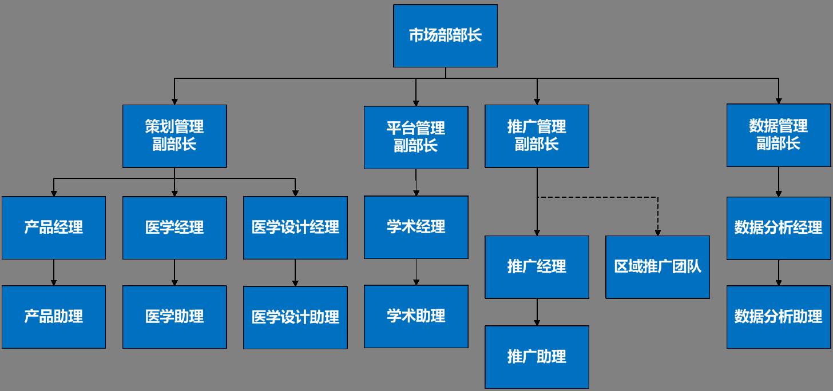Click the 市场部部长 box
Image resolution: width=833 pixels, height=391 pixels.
(445, 35)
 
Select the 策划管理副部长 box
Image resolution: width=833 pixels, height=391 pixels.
(174, 135)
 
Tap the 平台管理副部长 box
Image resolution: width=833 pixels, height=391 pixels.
(416, 137)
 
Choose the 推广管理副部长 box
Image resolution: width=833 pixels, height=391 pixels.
(537, 135)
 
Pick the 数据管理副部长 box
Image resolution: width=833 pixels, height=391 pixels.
(778, 135)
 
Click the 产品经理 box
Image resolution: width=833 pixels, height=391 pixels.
(54, 228)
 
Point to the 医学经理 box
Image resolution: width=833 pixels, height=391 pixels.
(174, 228)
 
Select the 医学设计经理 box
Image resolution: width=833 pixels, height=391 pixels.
(295, 228)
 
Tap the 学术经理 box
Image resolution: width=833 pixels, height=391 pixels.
(416, 227)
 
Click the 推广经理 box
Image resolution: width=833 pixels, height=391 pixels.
(537, 266)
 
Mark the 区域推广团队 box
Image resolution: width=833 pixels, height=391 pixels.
(657, 266)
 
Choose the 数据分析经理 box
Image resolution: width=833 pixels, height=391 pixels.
(778, 228)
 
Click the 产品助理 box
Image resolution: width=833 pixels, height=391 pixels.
(54, 317)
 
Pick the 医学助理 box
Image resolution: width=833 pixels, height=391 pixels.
(174, 317)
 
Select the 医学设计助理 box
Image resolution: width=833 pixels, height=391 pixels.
(295, 317)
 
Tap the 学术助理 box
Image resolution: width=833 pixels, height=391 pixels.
(416, 316)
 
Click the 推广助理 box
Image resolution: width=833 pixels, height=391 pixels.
(537, 357)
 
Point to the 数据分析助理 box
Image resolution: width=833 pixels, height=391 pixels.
(778, 317)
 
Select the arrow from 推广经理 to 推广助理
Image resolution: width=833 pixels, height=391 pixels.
(537, 312)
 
